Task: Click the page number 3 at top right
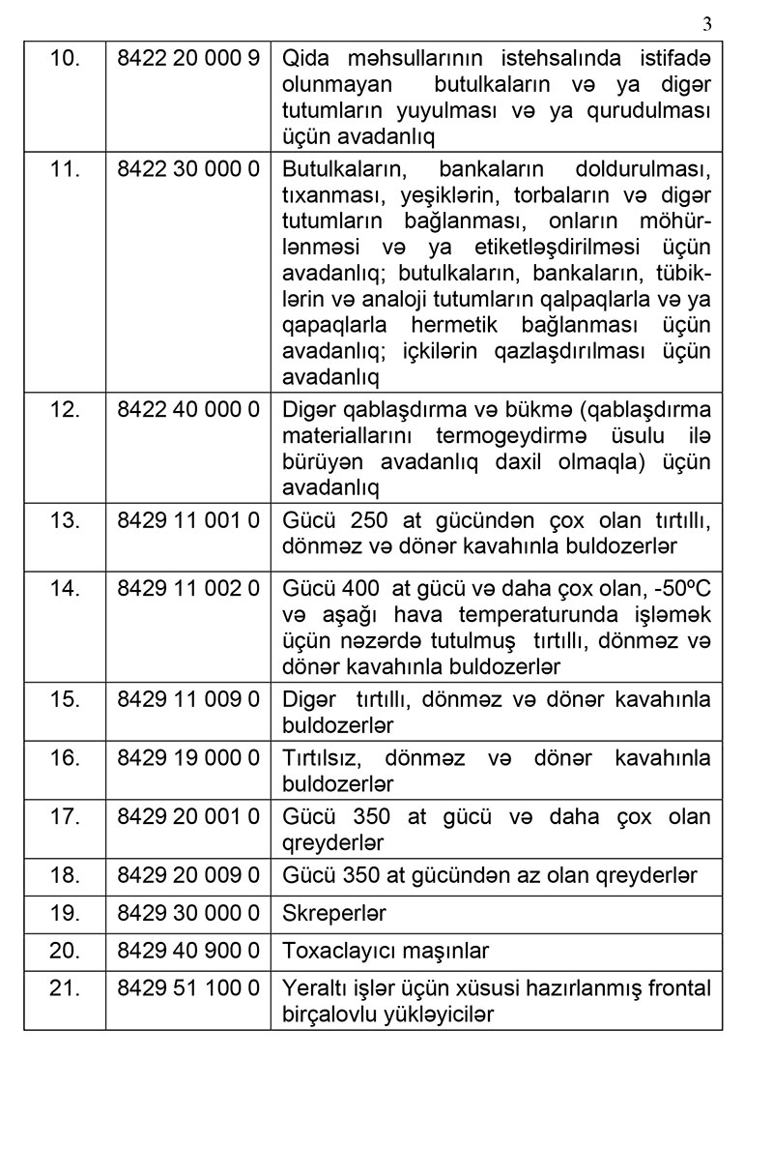pyautogui.click(x=707, y=24)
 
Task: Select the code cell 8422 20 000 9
pyautogui.click(x=188, y=58)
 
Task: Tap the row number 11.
pyautogui.click(x=64, y=169)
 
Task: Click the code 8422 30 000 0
pyautogui.click(x=188, y=169)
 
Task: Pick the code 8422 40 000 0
pyautogui.click(x=188, y=410)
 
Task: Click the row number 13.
pyautogui.click(x=64, y=521)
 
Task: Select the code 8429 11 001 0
pyautogui.click(x=188, y=521)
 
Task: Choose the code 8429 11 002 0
pyautogui.click(x=188, y=589)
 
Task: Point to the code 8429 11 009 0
pyautogui.click(x=188, y=699)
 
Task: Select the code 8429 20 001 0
pyautogui.click(x=188, y=817)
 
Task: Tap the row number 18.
pyautogui.click(x=64, y=876)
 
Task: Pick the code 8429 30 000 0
pyautogui.click(x=188, y=914)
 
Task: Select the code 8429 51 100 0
pyautogui.click(x=188, y=989)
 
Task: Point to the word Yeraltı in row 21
pyautogui.click(x=312, y=989)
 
